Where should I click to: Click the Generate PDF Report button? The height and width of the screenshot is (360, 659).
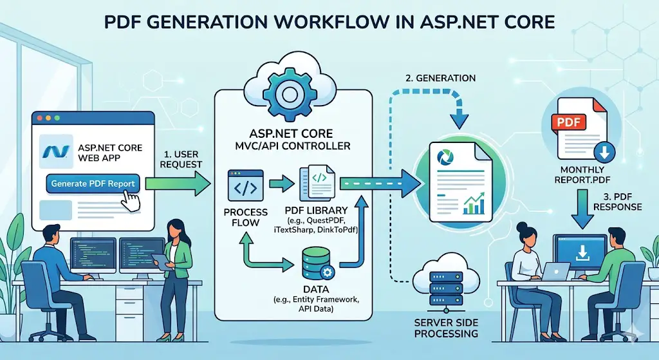click(93, 184)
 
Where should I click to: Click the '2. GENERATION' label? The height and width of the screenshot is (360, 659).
click(441, 78)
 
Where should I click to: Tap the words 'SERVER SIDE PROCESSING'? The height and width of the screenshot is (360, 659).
click(446, 328)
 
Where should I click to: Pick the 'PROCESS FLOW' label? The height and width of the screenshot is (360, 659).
click(245, 216)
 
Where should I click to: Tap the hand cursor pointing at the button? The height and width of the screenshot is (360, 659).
click(133, 200)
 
